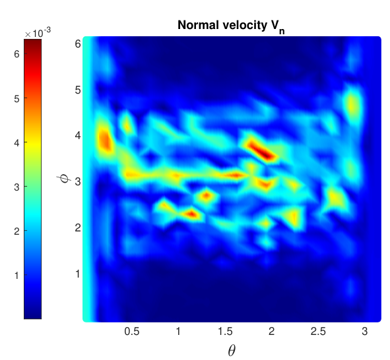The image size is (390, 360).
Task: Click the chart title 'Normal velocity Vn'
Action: (x=231, y=26)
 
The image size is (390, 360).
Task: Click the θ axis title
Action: (x=232, y=350)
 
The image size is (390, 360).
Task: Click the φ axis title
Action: (x=64, y=179)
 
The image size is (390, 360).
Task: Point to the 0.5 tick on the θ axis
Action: (x=132, y=332)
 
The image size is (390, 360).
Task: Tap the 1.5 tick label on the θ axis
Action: (x=225, y=332)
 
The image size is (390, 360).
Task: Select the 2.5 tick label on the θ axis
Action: (x=318, y=332)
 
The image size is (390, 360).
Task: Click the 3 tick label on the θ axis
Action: (x=365, y=332)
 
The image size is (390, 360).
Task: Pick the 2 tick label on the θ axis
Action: (x=271, y=332)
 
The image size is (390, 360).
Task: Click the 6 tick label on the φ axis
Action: (x=78, y=44)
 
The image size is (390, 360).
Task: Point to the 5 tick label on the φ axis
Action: (x=78, y=90)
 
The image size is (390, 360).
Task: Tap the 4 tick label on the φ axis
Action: (x=78, y=136)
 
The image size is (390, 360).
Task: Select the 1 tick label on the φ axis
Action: (x=78, y=274)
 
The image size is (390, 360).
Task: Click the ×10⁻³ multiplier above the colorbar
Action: (x=38, y=33)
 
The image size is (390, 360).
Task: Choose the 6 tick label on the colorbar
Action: (x=16, y=54)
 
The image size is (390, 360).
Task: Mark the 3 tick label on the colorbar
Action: (x=16, y=187)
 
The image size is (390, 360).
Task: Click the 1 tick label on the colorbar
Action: (x=16, y=276)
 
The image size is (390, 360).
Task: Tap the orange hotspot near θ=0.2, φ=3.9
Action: (x=105, y=140)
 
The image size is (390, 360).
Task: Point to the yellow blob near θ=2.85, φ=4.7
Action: (x=352, y=104)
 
